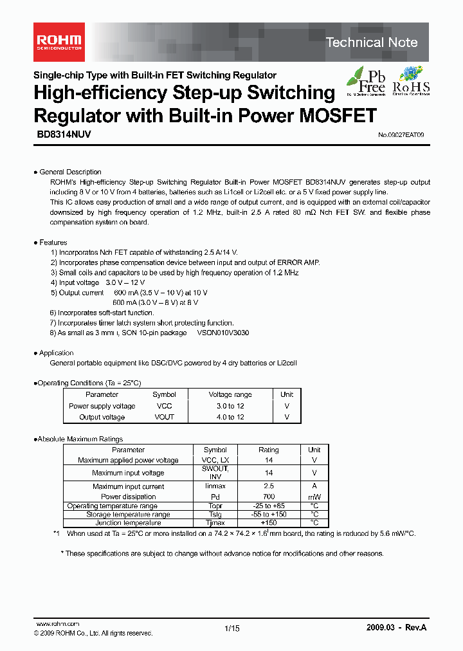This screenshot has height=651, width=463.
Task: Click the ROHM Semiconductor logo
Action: [57, 42]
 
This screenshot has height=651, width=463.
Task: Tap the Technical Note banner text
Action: [372, 42]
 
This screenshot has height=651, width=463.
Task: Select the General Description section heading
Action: [70, 172]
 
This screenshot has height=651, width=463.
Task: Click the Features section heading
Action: [53, 243]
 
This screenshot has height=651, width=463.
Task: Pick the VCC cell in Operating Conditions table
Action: [164, 406]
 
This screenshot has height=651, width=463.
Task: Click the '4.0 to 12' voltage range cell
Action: [230, 417]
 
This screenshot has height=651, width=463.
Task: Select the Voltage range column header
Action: [230, 394]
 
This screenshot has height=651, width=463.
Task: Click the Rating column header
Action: [268, 450]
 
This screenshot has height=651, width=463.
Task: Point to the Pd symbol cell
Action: [215, 497]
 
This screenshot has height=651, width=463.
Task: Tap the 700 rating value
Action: [268, 497]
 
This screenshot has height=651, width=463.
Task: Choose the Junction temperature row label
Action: [128, 523]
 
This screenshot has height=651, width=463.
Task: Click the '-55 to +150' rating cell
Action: [268, 515]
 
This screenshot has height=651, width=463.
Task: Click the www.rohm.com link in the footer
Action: [57, 624]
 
